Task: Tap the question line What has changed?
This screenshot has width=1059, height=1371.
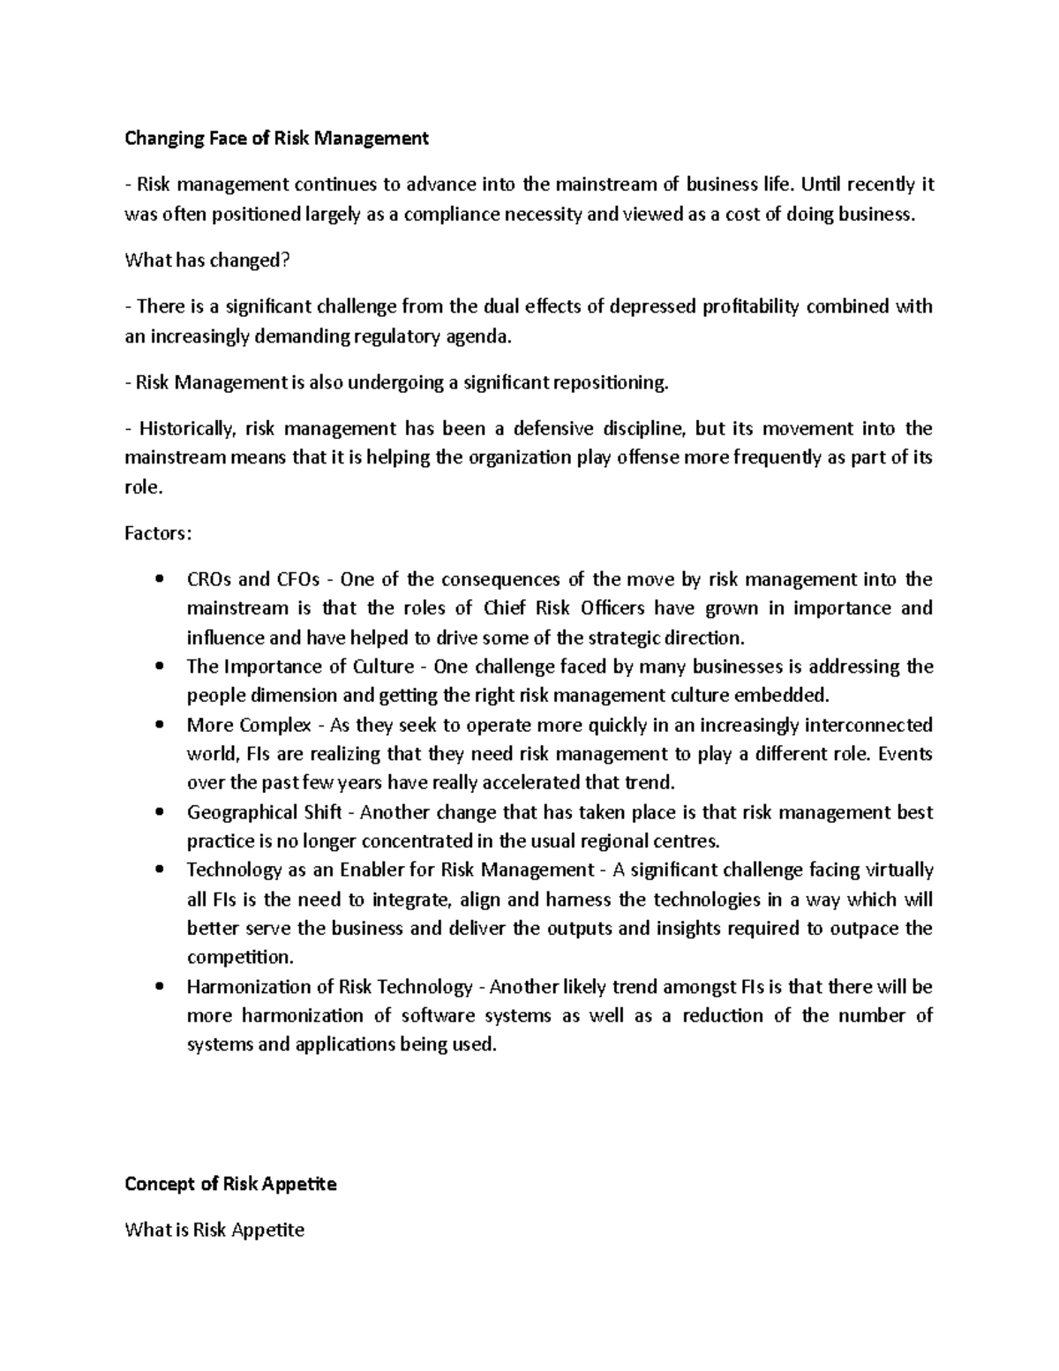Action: [207, 260]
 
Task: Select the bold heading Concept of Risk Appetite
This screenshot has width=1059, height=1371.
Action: [230, 1184]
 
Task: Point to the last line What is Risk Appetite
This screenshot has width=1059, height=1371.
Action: [214, 1230]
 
